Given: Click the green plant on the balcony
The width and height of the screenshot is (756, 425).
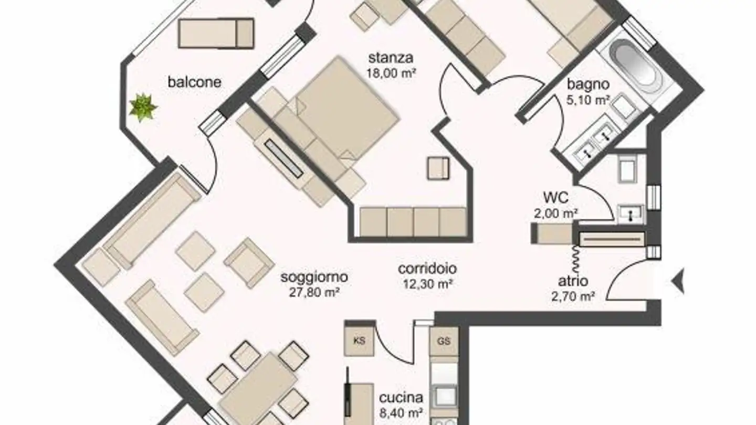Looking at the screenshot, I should [143, 107].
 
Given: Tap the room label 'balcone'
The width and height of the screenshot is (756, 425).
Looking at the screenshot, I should [194, 82].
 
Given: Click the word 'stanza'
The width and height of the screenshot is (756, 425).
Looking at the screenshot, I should [391, 58].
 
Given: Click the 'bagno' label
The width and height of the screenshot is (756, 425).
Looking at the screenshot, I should [588, 84].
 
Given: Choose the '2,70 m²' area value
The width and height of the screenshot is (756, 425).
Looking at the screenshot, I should [573, 296].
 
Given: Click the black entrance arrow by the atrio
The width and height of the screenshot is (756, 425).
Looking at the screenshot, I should [678, 281].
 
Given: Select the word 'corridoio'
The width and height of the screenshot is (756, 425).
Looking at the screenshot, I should [427, 269].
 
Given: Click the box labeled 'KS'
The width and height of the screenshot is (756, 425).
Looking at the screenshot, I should [360, 341].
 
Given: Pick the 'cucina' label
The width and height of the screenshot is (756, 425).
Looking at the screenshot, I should [401, 398].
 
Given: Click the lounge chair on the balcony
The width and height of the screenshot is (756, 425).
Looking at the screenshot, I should [216, 33].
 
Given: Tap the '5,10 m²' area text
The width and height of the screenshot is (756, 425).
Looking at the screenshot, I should [587, 100].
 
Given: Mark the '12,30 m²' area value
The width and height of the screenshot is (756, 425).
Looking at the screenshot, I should [426, 284].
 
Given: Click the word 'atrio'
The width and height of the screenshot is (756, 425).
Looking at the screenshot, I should [573, 281].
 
